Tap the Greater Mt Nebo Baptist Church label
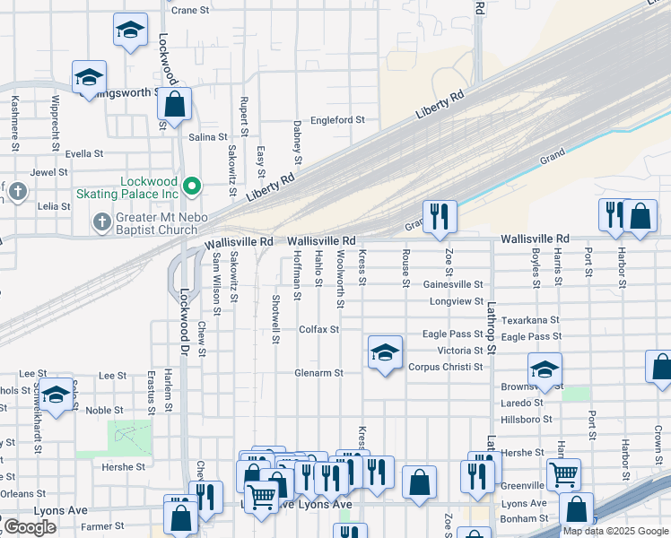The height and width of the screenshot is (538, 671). (x=149, y=222)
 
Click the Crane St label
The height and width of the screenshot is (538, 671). (x=189, y=10)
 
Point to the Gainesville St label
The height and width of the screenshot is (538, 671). (x=453, y=284)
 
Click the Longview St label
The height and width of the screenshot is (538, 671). (x=457, y=301)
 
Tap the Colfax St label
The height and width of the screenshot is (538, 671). (x=319, y=329)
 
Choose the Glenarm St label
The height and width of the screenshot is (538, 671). (x=319, y=372)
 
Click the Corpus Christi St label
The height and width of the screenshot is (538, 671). (x=446, y=367)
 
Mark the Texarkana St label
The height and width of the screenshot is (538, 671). (x=530, y=319)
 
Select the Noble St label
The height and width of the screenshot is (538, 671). (x=104, y=410)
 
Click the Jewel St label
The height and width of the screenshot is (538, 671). (x=48, y=172)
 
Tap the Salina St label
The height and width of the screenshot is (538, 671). (x=208, y=137)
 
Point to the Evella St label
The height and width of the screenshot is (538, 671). (x=85, y=153)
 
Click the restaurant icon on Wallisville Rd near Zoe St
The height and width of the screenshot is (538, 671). (x=440, y=216)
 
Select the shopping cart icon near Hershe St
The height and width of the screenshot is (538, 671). (x=563, y=473)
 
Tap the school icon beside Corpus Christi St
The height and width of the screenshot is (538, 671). (x=385, y=352)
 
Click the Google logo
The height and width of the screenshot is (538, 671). (x=29, y=527)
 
